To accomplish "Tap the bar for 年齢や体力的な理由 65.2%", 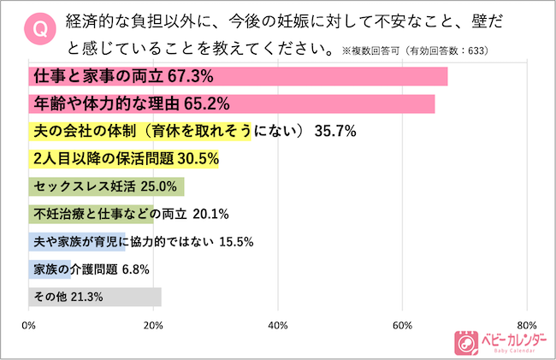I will tap(231, 104).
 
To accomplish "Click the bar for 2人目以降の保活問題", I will tap(123, 159).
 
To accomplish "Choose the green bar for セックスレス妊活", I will tap(106, 186).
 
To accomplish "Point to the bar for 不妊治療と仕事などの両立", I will tap(91, 214).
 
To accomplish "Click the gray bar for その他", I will tap(94, 297).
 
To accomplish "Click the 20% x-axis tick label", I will tap(153, 325).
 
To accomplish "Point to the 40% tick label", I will tap(278, 325).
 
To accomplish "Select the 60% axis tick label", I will tap(402, 325).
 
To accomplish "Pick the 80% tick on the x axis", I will tap(526, 325).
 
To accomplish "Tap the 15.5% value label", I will tap(236, 241).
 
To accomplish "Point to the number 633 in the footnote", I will tap(479, 50).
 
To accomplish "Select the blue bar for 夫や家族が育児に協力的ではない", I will tap(77, 241).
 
